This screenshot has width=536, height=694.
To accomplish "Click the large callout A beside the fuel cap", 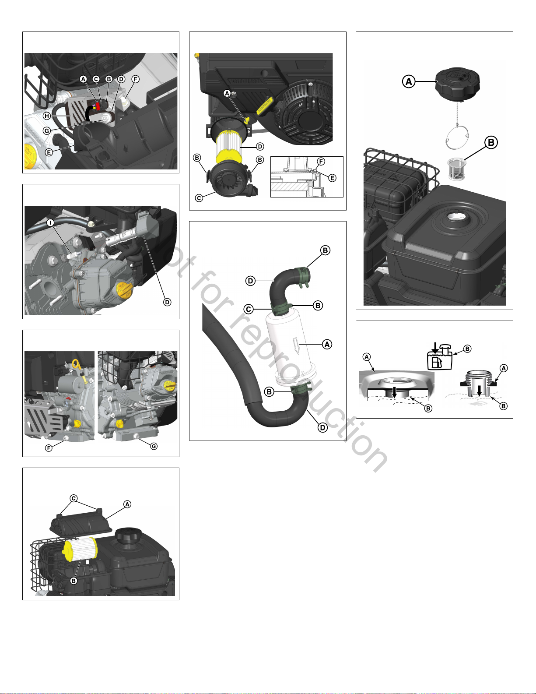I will tap(409, 81).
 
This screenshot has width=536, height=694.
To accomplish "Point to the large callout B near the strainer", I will tap(491, 143).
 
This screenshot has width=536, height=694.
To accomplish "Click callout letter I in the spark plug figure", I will tap(51, 222).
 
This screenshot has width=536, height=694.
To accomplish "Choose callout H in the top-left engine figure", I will tap(47, 116).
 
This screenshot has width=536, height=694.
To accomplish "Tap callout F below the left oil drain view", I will tap(49, 448).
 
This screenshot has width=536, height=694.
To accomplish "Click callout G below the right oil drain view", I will tap(154, 446).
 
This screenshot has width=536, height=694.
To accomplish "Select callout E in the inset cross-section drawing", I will tap(332, 178).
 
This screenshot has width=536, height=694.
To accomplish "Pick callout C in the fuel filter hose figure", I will tap(249, 309).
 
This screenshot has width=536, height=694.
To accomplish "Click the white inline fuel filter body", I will tap(293, 346).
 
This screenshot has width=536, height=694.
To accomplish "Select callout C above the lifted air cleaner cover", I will tap(74, 498).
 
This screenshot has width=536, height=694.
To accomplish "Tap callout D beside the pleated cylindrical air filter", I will tap(260, 146).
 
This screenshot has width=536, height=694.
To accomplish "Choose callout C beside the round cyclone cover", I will tap(199, 198).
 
